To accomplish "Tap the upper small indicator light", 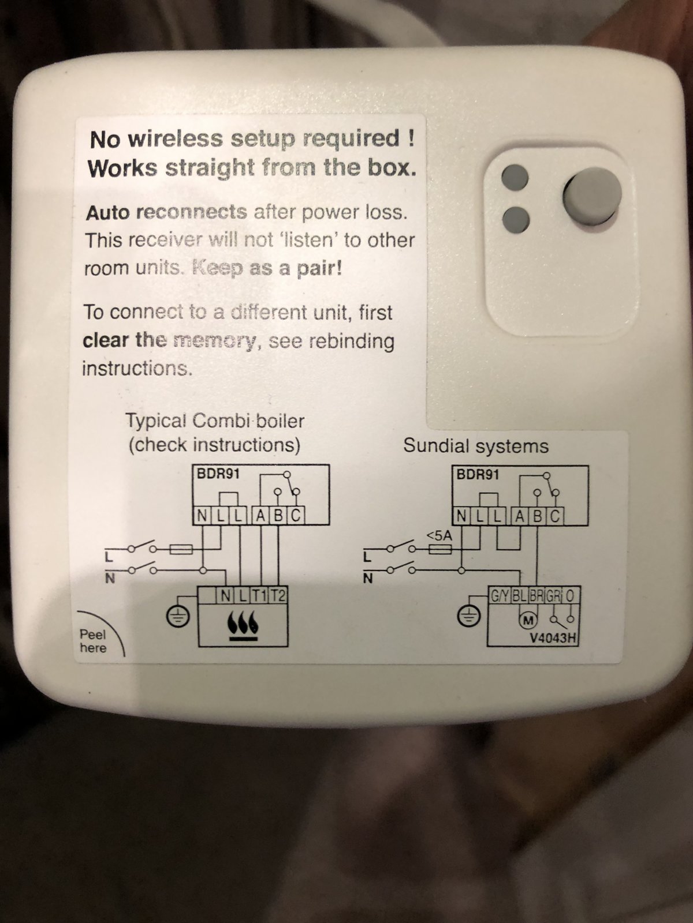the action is (x=515, y=177).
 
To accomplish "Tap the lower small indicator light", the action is (x=516, y=220).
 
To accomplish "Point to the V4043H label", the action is (x=552, y=638).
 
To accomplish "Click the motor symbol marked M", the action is (x=526, y=619).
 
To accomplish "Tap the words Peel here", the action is (x=93, y=641).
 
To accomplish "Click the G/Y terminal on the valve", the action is (x=500, y=595).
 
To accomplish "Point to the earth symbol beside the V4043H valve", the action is (x=468, y=617).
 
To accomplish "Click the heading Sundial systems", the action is (x=476, y=446).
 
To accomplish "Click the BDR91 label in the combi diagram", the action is (x=218, y=474).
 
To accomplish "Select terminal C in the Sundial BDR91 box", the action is (x=556, y=516).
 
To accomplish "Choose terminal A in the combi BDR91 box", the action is (x=261, y=516).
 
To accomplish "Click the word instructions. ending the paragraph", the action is (x=137, y=369).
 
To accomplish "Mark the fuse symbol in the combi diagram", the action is (x=181, y=549).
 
